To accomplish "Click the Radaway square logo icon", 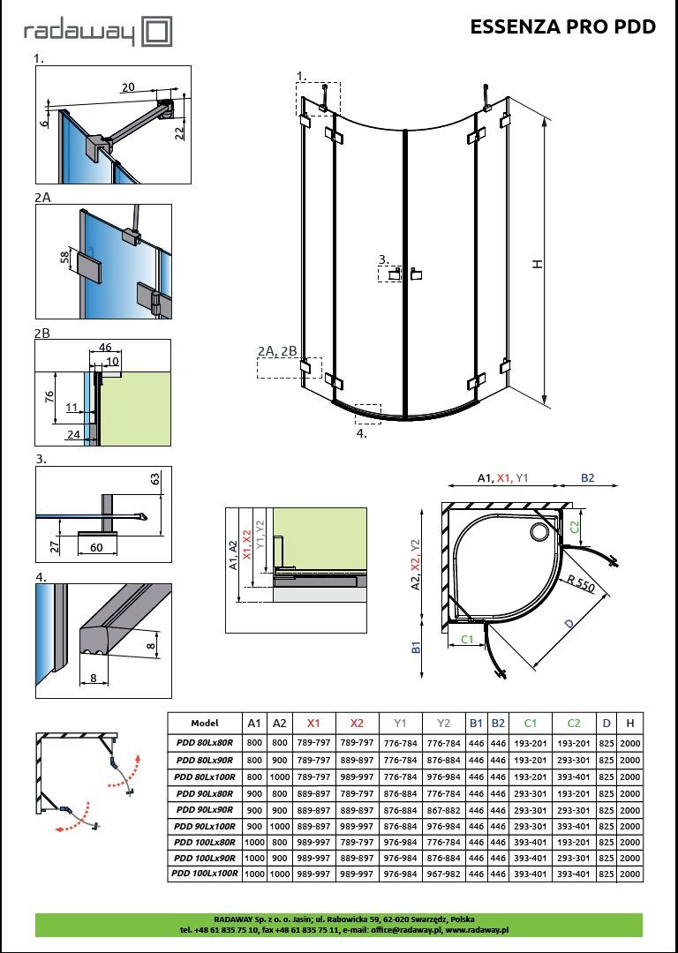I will [x=156, y=33].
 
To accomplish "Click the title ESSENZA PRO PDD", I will [x=562, y=27].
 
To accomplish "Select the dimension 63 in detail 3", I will [x=154, y=479].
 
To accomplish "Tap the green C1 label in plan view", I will [x=468, y=638].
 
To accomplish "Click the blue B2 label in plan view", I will [x=587, y=477].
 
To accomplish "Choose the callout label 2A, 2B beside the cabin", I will [x=277, y=351].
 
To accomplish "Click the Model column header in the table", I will [x=204, y=722].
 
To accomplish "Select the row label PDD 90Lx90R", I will [x=204, y=809].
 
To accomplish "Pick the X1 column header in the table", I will [x=314, y=722].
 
